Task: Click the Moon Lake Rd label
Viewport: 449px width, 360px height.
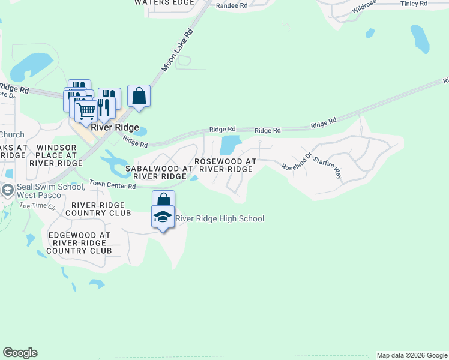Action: point(179,50)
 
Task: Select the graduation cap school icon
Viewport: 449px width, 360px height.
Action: point(163,217)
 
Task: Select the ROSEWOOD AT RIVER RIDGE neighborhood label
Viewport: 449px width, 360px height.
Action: point(226,165)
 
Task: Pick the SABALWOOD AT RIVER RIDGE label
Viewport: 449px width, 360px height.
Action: point(160,173)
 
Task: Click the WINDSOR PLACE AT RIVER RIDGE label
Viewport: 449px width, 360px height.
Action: point(59,155)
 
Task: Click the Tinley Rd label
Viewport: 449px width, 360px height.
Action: point(414,4)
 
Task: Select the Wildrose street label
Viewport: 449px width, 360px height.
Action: point(364,7)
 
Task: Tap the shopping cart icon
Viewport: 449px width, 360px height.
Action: point(86,110)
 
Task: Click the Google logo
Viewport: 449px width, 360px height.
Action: point(20,353)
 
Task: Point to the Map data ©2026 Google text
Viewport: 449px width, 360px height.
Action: point(411,355)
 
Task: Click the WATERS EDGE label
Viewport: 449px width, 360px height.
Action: point(164,2)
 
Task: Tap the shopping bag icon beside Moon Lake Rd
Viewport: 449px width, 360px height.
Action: point(139,96)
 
